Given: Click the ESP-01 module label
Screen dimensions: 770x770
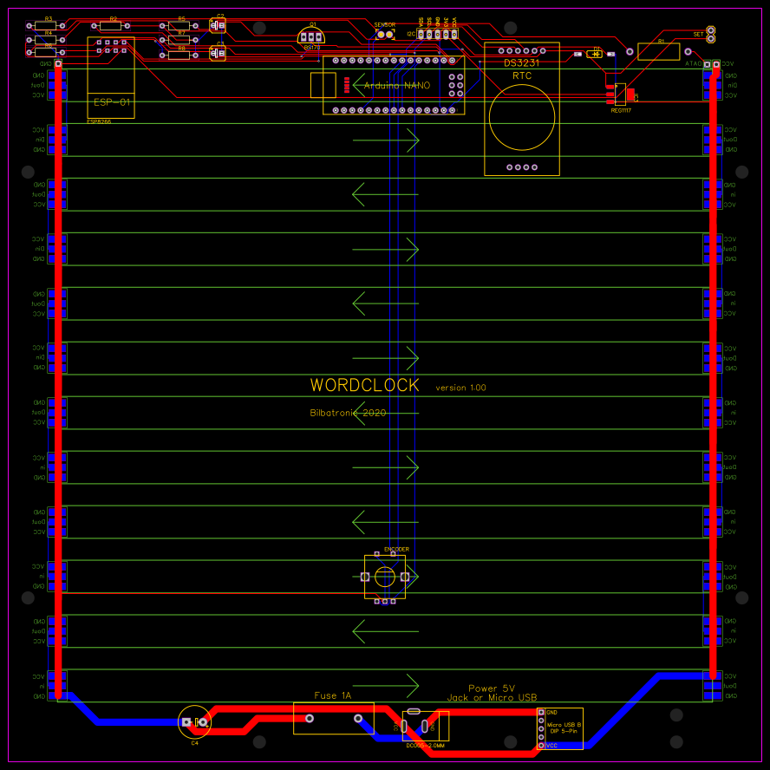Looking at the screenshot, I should point(112,102).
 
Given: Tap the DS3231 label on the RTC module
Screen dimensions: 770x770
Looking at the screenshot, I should point(522,62).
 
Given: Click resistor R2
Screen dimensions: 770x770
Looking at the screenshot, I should point(111,25).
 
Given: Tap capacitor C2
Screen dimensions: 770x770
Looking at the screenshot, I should point(218,26).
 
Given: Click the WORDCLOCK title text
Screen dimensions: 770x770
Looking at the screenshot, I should point(365,385).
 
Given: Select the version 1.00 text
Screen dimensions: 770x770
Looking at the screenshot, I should point(460,388).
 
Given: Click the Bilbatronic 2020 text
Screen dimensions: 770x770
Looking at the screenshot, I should point(348,413).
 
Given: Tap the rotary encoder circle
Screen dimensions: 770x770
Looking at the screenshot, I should point(384,577).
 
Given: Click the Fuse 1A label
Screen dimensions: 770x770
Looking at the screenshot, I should point(333,695).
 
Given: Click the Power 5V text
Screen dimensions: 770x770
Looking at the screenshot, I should point(492,688).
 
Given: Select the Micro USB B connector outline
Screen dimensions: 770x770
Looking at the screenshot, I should point(559,728).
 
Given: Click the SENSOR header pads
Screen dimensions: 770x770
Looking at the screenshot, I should point(384,34).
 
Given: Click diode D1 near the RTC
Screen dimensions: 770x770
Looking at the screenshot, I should point(595,54).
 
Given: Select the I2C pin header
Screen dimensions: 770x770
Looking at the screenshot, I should point(436,34).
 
